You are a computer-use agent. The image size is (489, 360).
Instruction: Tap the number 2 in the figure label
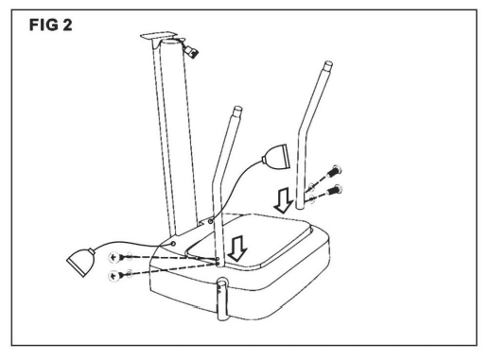[x=67, y=25]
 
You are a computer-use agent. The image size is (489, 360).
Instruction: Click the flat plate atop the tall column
[x=158, y=36]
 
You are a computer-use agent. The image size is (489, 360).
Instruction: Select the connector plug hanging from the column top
[x=192, y=51]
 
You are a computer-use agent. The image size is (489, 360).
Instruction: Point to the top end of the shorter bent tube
[x=237, y=111]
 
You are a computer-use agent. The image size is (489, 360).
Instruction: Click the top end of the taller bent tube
[x=328, y=65]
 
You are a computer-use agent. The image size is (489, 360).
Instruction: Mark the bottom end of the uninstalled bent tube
[x=301, y=205]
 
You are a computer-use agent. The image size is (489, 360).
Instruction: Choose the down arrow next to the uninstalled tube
[x=284, y=200]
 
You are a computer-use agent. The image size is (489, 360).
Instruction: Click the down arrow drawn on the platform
[x=237, y=249]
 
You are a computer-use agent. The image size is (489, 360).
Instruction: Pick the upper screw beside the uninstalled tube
[x=335, y=171]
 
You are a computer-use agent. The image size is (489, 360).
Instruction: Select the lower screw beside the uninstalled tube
[x=335, y=190]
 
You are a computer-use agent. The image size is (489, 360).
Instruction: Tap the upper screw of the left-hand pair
[x=116, y=257]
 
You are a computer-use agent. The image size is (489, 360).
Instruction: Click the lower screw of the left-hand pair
[x=116, y=276]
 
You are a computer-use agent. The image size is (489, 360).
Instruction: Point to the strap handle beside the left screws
[x=80, y=262]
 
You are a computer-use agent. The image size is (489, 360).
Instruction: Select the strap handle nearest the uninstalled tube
[x=276, y=157]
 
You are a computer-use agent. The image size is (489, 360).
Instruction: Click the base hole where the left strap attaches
[x=173, y=243]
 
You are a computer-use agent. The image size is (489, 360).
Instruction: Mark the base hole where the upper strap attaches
[x=210, y=221]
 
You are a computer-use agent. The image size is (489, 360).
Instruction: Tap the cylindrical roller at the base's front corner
[x=222, y=299]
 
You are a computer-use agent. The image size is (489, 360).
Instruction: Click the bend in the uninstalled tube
[x=301, y=129]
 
